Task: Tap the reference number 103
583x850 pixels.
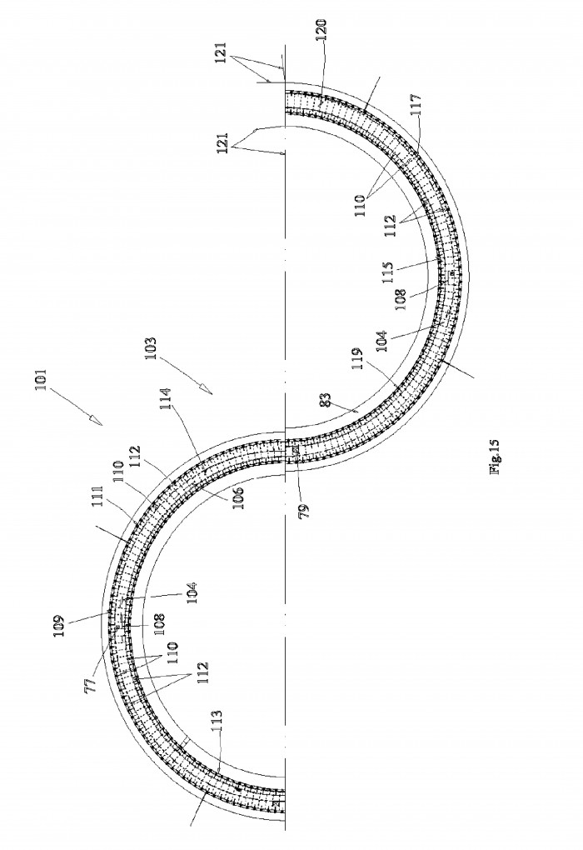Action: coord(151,348)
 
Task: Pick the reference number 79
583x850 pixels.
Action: coord(304,511)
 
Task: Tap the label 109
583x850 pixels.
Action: coord(60,624)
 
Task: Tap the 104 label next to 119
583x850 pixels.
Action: coord(381,342)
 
